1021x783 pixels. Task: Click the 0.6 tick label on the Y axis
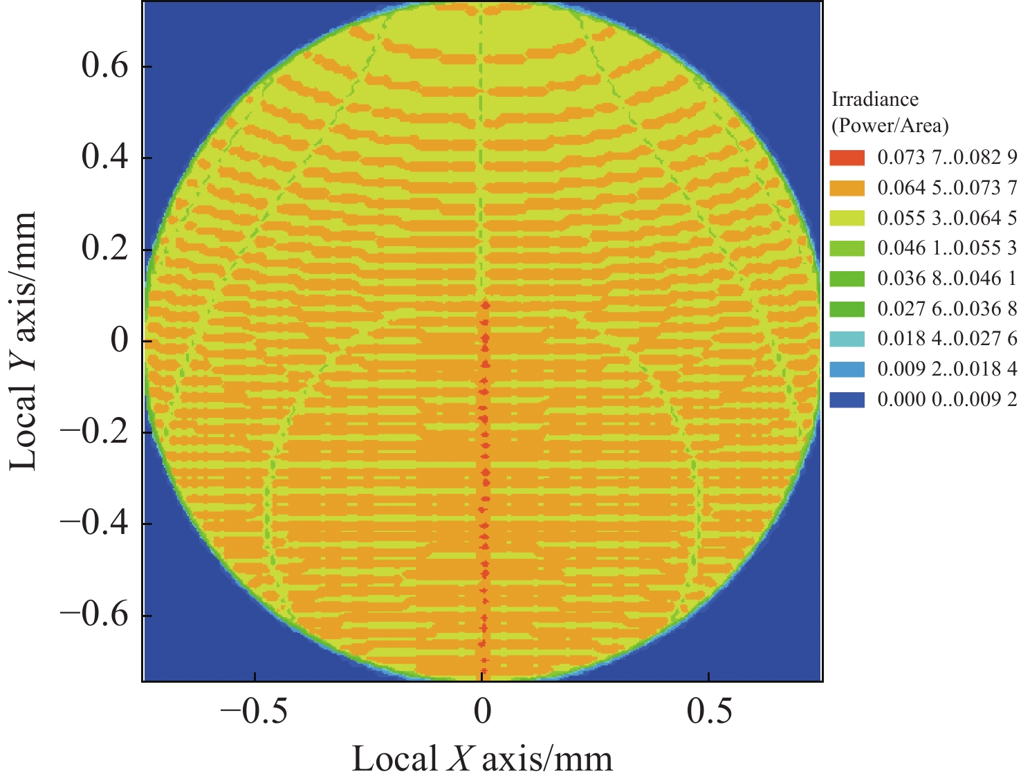coord(105,67)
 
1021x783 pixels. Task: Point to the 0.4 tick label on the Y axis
coord(105,158)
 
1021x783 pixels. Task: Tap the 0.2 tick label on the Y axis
coord(105,250)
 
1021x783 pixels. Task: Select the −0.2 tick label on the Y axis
coord(94,433)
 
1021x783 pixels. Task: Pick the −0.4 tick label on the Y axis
coord(94,524)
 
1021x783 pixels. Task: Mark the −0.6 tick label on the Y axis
coord(94,616)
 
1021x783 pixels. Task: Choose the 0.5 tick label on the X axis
coord(709,712)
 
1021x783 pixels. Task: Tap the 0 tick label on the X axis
coord(482,712)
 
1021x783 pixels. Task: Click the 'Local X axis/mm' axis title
coord(482,759)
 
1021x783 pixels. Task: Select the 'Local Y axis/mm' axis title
coord(24,341)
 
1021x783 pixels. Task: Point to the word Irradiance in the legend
coord(874,100)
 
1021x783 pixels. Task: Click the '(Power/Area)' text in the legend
coord(890,126)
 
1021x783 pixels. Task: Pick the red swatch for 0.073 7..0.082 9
coord(847,158)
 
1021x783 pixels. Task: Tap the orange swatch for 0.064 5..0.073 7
coord(847,188)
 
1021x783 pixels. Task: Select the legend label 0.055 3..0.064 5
coord(947,219)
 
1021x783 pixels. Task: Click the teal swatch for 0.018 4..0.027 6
coord(847,339)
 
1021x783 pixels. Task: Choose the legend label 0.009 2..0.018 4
coord(947,369)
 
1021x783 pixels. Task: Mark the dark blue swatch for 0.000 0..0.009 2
coord(847,400)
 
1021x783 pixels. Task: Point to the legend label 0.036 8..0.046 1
coord(947,279)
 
